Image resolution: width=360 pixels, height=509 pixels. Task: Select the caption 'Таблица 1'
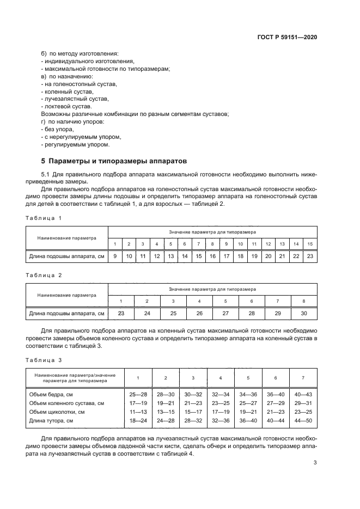pyautogui.click(x=44, y=218)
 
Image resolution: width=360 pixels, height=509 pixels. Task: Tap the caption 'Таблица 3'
pyautogui.click(x=44, y=360)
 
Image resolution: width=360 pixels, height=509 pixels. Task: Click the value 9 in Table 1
pyautogui.click(x=115, y=256)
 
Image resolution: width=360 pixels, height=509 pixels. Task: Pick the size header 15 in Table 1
pyautogui.click(x=310, y=244)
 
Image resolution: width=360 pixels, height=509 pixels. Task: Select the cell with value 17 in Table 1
pyautogui.click(x=226, y=256)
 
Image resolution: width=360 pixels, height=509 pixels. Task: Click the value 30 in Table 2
pyautogui.click(x=304, y=314)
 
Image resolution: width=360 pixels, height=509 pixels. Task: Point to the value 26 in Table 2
pyautogui.click(x=199, y=314)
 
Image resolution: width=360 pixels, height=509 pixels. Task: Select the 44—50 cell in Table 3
pyautogui.click(x=303, y=421)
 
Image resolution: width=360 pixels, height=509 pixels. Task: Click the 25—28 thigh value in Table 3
pyautogui.click(x=138, y=393)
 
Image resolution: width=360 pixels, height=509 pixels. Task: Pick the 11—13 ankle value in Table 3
pyautogui.click(x=138, y=412)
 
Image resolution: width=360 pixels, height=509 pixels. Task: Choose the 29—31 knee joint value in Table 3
pyautogui.click(x=303, y=402)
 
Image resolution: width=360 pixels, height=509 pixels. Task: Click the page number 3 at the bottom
pyautogui.click(x=315, y=463)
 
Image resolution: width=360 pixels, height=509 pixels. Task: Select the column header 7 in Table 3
pyautogui.click(x=303, y=377)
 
